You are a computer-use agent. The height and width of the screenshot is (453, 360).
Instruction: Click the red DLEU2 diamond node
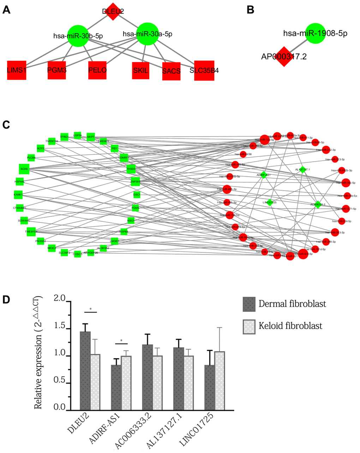(x=112, y=11)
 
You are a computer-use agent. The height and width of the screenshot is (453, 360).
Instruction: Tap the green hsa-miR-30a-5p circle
(x=147, y=34)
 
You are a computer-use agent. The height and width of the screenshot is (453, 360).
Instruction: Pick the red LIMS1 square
(x=17, y=70)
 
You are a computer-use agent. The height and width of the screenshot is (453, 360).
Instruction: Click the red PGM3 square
(x=57, y=70)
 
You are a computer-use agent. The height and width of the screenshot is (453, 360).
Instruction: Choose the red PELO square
(x=97, y=70)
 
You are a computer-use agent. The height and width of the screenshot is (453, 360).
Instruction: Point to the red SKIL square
(x=140, y=70)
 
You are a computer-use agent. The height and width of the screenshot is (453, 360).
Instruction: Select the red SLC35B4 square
(x=204, y=71)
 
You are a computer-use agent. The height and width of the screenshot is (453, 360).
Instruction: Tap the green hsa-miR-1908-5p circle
(x=315, y=34)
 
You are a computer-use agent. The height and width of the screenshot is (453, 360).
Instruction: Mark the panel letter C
(x=6, y=125)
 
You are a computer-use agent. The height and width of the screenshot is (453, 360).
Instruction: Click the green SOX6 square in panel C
(x=24, y=169)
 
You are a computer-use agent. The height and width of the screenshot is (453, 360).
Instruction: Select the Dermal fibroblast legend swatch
(x=249, y=304)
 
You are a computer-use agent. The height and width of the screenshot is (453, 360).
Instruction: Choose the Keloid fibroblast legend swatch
(x=249, y=326)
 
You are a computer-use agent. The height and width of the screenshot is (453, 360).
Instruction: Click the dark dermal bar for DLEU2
(x=85, y=371)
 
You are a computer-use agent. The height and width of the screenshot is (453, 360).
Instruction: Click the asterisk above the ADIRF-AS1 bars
(x=122, y=341)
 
